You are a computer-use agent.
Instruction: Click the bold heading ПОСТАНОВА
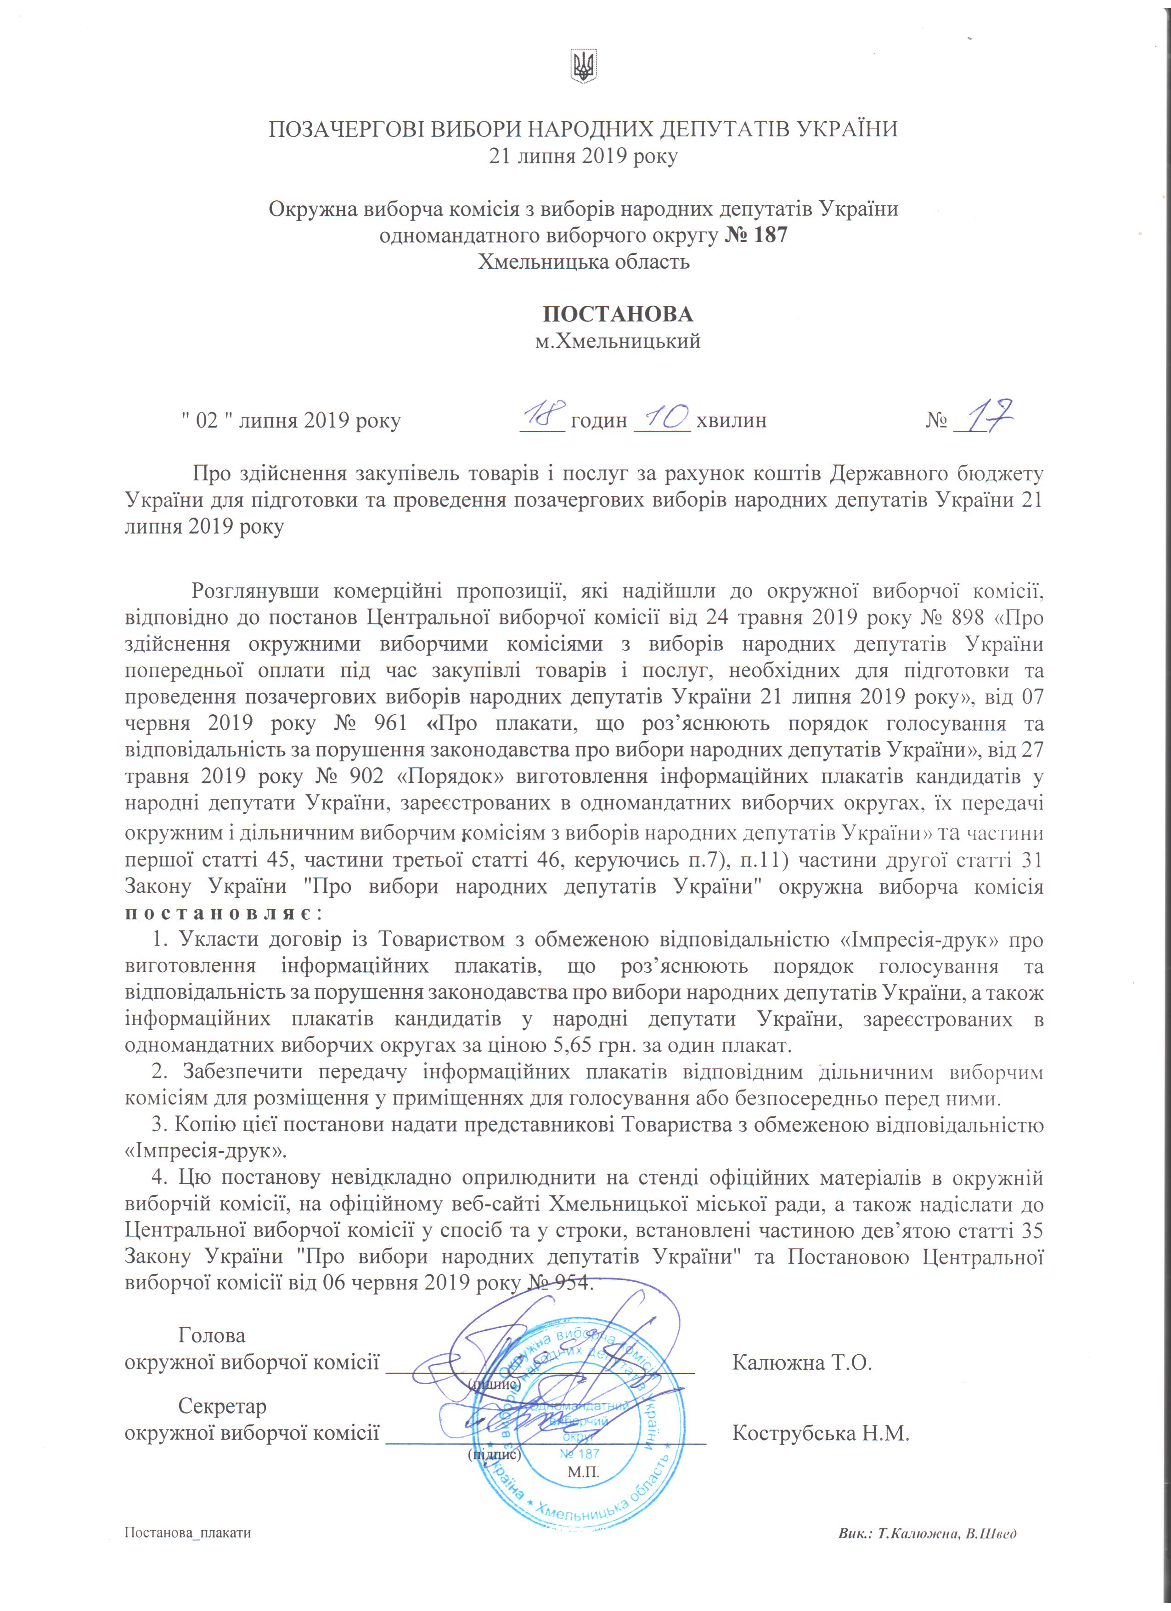[x=618, y=314]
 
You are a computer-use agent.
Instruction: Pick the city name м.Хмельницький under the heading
[x=618, y=342]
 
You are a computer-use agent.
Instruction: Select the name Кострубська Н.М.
[x=820, y=1433]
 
